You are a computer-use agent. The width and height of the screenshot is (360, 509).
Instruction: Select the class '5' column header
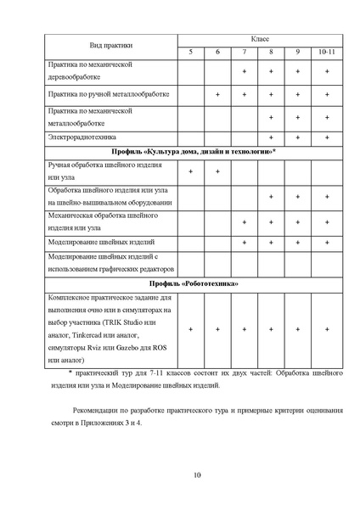coord(190,53)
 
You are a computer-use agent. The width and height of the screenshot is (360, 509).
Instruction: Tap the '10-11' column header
coord(326,53)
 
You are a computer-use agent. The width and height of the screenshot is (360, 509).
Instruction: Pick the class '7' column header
coord(244,53)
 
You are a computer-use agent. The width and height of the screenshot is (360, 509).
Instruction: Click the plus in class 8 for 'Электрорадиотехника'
coord(271,136)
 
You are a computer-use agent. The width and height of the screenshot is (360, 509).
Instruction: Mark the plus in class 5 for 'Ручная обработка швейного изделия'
coord(190,172)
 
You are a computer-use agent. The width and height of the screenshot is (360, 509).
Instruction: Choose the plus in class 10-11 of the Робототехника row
coord(326,329)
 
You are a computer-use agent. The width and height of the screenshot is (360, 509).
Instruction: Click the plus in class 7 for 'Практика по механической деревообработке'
coord(244,71)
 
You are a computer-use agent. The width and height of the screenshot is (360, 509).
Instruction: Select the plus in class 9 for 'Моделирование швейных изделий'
coord(298,242)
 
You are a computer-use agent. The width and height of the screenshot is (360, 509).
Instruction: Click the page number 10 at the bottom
coord(197,473)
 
